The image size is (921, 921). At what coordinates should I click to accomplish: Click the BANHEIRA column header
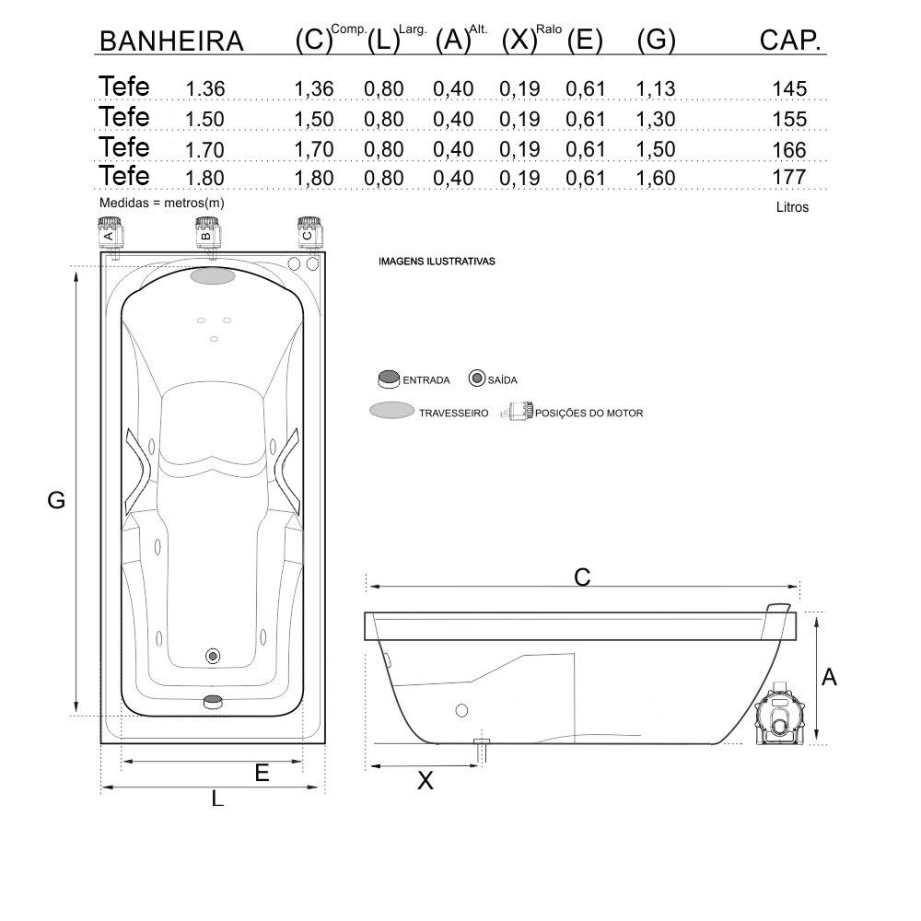pyautogui.click(x=171, y=41)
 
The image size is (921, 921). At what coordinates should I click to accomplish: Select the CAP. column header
pyautogui.click(x=790, y=41)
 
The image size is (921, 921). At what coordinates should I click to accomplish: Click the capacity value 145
pyautogui.click(x=789, y=88)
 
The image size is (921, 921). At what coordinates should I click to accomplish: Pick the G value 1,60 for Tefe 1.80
pyautogui.click(x=656, y=178)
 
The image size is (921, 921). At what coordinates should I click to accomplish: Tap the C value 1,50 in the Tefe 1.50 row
pyautogui.click(x=314, y=119)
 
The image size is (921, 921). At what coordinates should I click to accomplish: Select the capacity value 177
pyautogui.click(x=789, y=177)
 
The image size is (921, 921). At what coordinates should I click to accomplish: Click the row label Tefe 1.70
pyautogui.click(x=161, y=147)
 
